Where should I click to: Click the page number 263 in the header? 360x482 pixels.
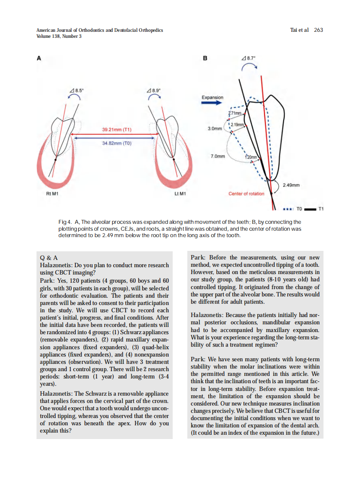click(318, 30)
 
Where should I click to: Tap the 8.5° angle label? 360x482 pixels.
click(77, 90)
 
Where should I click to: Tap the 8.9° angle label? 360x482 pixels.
click(153, 90)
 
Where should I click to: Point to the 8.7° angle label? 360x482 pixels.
click(248, 58)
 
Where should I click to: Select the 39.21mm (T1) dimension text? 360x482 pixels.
click(116, 129)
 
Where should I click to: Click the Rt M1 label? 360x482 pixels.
click(52, 194)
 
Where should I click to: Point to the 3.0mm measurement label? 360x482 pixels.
click(215, 128)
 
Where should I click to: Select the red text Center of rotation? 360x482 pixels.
click(246, 194)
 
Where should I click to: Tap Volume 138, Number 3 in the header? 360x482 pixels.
click(59, 36)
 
